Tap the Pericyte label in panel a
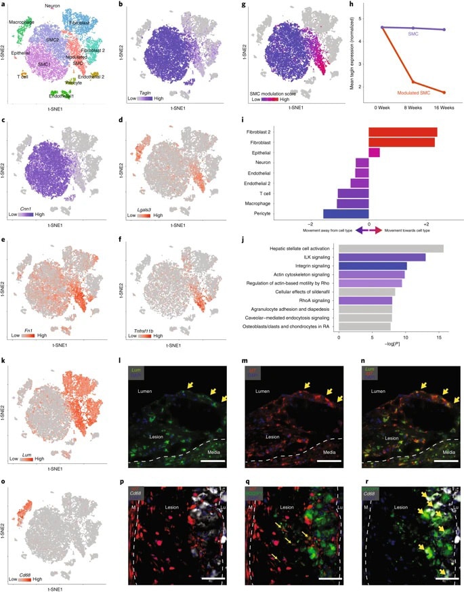click(79, 83)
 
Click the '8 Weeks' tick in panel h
click(413, 107)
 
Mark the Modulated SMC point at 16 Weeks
click(444, 92)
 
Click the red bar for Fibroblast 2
click(402, 132)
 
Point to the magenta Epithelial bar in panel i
click(374, 152)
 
